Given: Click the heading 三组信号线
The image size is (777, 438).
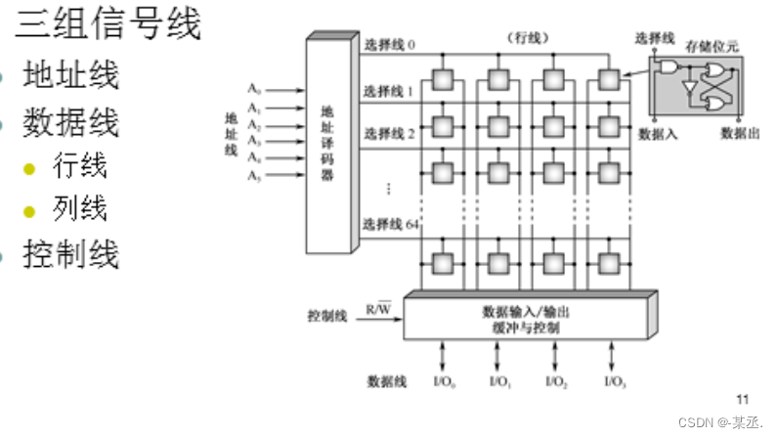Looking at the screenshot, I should click(108, 24).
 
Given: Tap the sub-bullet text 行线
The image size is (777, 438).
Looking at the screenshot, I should click(80, 166).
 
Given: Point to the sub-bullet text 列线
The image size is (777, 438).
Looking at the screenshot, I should click(80, 207).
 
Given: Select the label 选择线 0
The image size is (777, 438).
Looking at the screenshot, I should click(389, 45).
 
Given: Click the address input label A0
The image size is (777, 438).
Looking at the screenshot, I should click(254, 91).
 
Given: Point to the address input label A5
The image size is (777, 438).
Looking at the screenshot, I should click(254, 175).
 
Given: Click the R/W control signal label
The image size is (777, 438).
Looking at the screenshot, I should click(378, 309).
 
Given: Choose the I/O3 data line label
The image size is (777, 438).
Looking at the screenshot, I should click(615, 380).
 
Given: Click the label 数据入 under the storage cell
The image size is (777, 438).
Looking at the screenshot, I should click(657, 132).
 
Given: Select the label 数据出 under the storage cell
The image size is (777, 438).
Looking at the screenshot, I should click(740, 132).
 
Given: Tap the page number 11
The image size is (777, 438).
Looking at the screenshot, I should click(741, 399).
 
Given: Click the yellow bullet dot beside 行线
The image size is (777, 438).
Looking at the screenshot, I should click(29, 168).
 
